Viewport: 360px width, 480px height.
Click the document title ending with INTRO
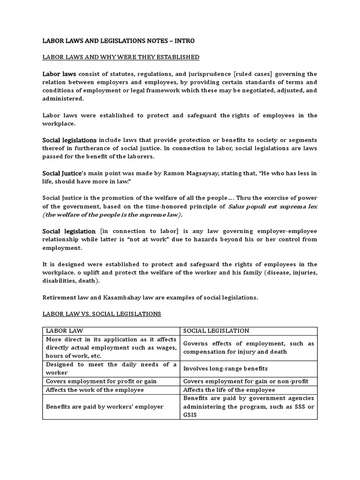point(118,41)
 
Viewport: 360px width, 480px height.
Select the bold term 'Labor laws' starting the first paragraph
point(59,74)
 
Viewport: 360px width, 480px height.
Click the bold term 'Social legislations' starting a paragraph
point(69,140)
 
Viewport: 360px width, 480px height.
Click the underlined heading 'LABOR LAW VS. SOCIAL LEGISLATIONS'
point(102,314)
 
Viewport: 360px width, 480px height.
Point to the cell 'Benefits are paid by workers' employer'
point(105,406)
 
